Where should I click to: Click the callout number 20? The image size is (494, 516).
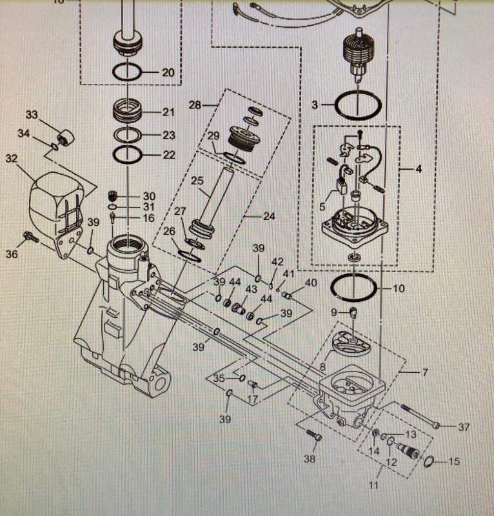point(168,73)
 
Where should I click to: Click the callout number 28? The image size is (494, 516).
point(195,104)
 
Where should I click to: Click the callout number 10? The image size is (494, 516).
point(399,288)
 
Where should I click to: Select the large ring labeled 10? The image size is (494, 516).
point(353,288)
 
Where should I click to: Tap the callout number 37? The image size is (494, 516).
point(464,427)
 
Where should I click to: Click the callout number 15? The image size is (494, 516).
point(455,462)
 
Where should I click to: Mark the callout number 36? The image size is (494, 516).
point(11,254)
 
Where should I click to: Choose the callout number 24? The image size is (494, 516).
point(269,217)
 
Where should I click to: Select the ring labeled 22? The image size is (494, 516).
point(128,155)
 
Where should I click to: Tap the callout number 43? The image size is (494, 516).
point(252,288)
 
